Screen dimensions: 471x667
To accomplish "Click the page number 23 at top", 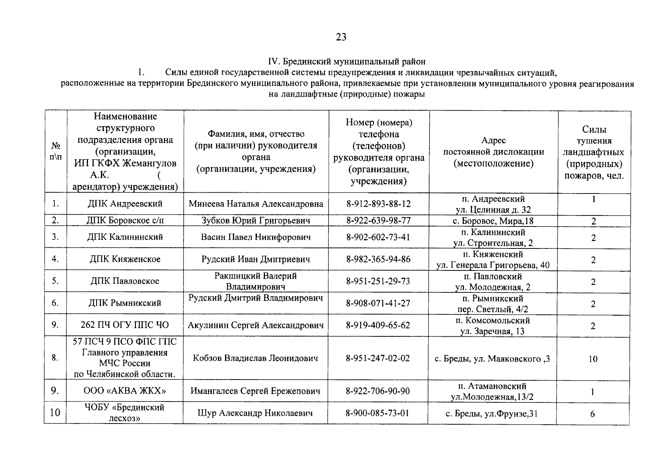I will point(341,37).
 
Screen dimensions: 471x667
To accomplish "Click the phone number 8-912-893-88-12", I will point(378,204).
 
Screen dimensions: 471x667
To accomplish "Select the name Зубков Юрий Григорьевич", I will point(255,220).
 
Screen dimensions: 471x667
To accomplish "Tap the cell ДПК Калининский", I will point(125,237).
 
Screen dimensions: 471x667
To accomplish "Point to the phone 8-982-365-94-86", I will point(378,259).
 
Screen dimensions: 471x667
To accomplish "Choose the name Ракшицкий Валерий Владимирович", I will point(255,281).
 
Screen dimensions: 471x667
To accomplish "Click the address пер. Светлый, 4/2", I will point(493,309).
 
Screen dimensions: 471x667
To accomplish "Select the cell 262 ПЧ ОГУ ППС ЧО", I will point(125,325).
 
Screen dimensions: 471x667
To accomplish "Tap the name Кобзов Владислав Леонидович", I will point(255,358).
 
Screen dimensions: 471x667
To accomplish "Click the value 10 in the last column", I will point(593,359).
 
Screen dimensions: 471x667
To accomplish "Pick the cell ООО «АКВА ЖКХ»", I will point(125,391).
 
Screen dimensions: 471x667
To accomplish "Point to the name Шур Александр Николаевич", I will point(255,413).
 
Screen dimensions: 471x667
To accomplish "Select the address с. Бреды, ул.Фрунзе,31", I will point(493,413).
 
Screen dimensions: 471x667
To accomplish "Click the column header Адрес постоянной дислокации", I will point(493,152).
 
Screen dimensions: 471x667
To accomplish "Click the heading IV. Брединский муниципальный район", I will point(346,62).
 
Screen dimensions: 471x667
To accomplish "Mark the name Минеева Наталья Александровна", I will point(256,204).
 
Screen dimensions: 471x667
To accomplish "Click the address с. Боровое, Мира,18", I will point(493,221).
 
